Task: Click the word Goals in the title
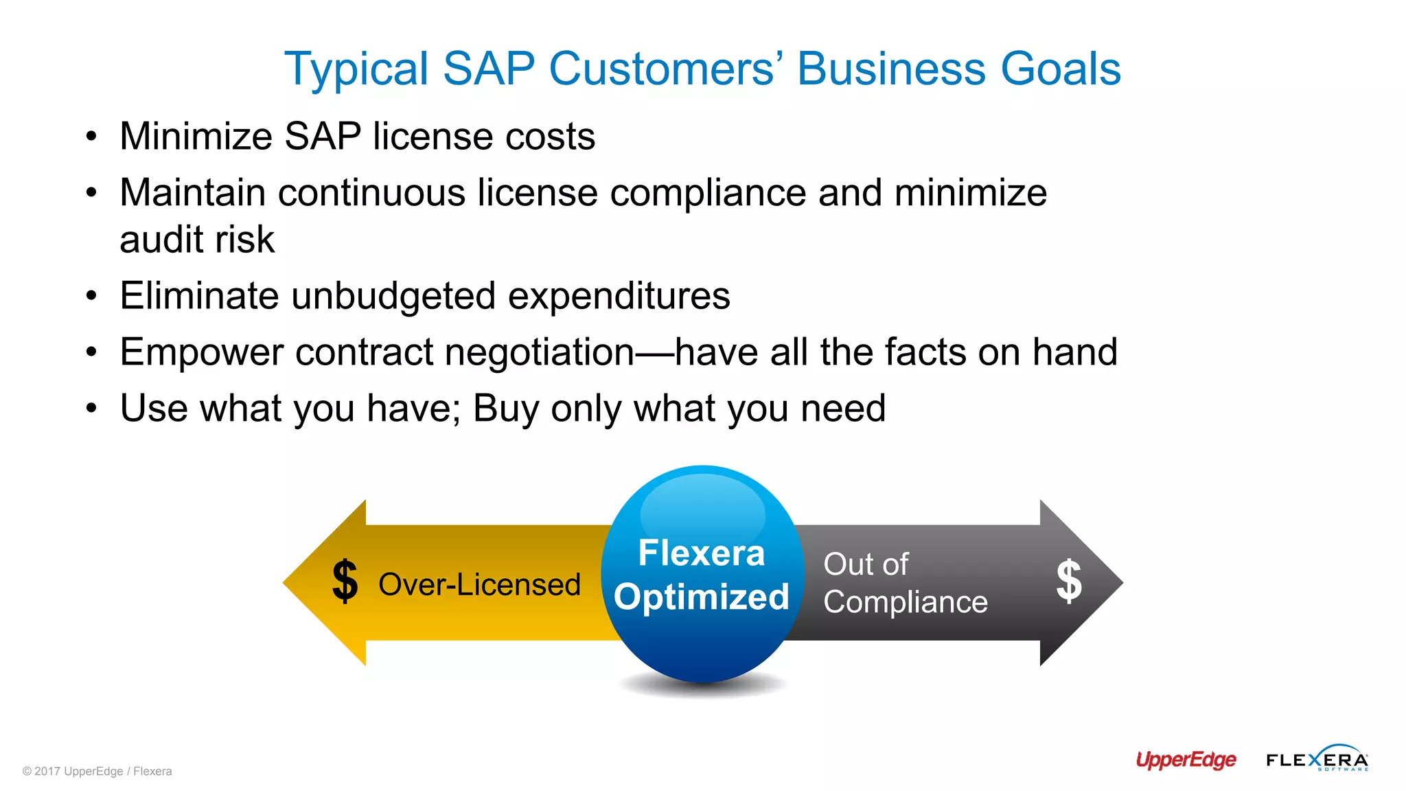1061,69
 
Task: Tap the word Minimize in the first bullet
196,136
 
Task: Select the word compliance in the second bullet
708,192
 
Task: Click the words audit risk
197,240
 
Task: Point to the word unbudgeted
393,296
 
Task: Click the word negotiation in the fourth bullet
540,352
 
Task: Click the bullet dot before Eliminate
91,297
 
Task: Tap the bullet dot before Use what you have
91,409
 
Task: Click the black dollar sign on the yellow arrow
345,582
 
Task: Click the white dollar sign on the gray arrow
1069,581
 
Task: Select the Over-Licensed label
479,585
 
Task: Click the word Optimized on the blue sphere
702,597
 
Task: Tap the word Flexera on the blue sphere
702,553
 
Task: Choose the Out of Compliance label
905,583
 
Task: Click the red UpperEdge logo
1186,759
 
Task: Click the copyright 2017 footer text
97,771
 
